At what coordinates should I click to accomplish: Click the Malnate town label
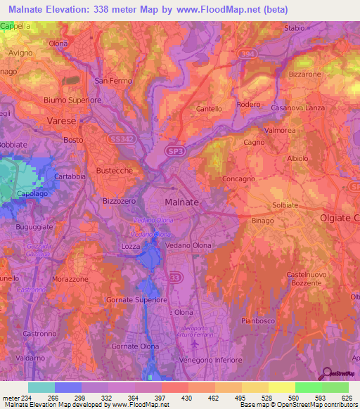181,202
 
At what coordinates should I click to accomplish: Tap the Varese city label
60,121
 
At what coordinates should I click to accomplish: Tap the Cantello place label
209,109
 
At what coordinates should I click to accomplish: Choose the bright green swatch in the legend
308,387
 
